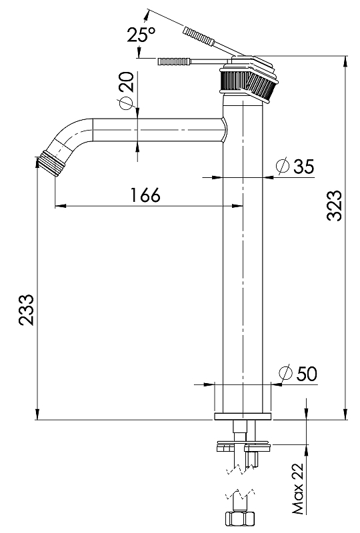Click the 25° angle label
[x=141, y=35]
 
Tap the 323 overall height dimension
[x=334, y=206]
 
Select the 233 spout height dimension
[x=26, y=310]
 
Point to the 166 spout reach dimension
[x=145, y=195]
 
